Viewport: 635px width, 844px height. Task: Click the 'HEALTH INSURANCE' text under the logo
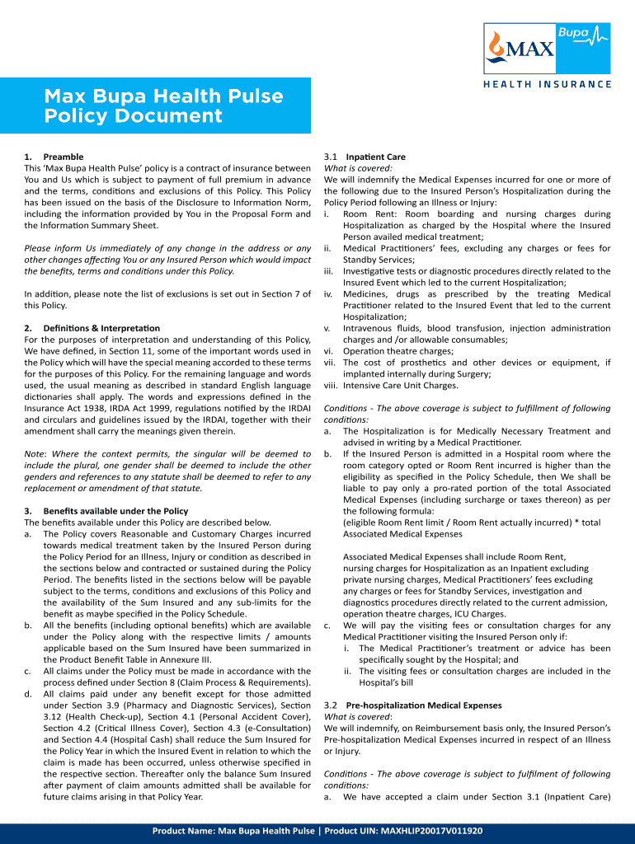[548, 84]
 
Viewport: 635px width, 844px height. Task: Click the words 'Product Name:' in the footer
[183, 832]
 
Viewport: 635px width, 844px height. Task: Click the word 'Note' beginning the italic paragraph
[35, 454]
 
